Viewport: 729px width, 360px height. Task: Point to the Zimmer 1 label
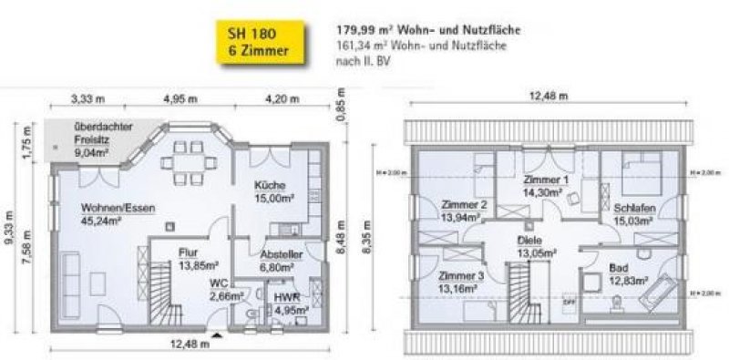(546, 180)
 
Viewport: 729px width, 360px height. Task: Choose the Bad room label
(621, 270)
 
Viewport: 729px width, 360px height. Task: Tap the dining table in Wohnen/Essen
(180, 163)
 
